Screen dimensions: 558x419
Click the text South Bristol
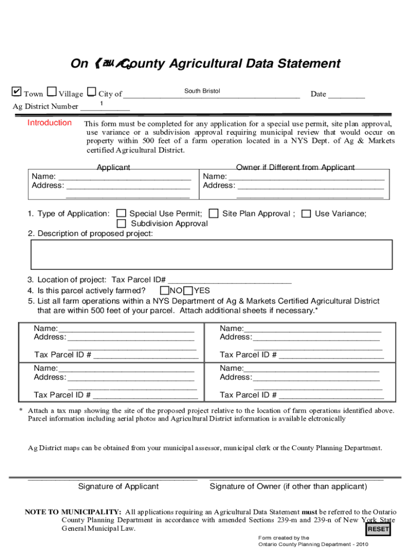click(202, 90)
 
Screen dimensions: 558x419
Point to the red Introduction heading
click(50, 123)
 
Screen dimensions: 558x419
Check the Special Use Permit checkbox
click(121, 214)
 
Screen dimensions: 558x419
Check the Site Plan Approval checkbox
click(214, 214)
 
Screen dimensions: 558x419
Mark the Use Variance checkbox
click(306, 214)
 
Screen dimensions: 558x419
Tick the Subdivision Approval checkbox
click(121, 223)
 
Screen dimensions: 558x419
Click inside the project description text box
click(212, 254)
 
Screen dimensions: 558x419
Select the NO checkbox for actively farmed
click(164, 290)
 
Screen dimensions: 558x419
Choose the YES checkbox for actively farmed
click(189, 290)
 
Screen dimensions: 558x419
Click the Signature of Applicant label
click(119, 486)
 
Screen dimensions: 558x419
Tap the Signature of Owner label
click(288, 486)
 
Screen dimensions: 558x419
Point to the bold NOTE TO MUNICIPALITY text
click(73, 512)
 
